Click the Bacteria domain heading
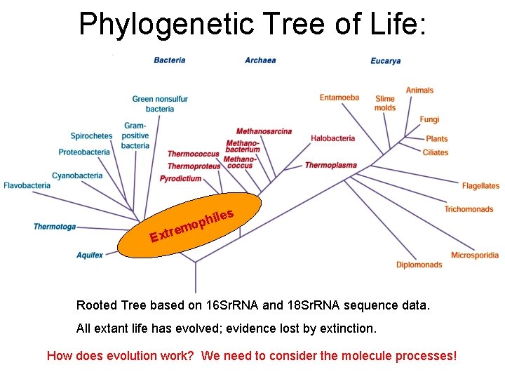pos(170,60)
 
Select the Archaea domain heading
pos(260,60)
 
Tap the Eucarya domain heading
pos(386,61)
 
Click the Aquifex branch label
pos(90,255)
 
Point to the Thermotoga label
pos(55,227)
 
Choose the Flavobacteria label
pos(27,186)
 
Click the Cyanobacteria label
pos(77,176)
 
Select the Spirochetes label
pos(91,136)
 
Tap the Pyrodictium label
pos(180,179)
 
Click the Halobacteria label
pos(333,138)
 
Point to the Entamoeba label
pos(339,98)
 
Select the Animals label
pos(420,91)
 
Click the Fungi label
pos(429,120)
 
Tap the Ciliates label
pos(436,152)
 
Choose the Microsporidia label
pos(475,255)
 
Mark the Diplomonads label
pos(419,265)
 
